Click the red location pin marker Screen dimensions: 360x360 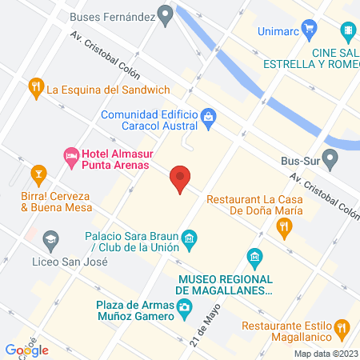click(x=180, y=179)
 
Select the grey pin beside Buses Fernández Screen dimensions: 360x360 click(x=166, y=14)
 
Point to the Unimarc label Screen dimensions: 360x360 click(x=279, y=33)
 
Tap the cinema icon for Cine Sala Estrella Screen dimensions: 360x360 click(x=348, y=33)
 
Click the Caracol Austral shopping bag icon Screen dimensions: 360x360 click(x=208, y=118)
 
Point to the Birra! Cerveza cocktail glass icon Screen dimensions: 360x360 click(x=36, y=173)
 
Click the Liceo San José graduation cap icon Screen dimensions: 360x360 click(x=51, y=238)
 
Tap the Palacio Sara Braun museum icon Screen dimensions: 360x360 click(x=190, y=237)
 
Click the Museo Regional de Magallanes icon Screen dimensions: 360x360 click(x=255, y=258)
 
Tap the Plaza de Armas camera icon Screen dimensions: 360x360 click(x=185, y=307)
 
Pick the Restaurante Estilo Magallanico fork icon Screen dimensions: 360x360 click(x=342, y=326)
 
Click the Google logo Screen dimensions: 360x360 click(x=27, y=350)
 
